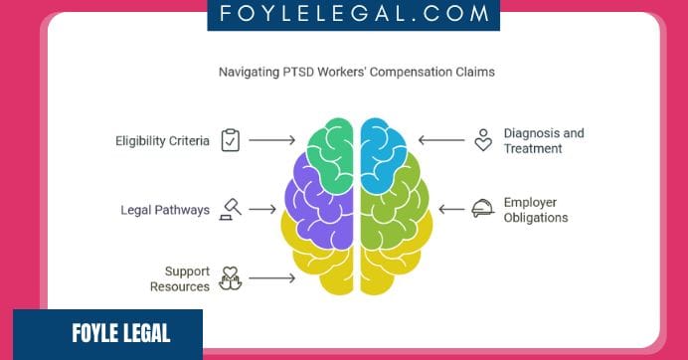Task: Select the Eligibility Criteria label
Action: (x=162, y=141)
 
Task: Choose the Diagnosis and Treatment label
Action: (x=543, y=140)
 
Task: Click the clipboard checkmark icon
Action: (x=231, y=140)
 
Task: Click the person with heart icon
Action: (x=483, y=140)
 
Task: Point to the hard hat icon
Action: (x=483, y=209)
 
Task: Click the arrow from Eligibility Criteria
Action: (x=271, y=140)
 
